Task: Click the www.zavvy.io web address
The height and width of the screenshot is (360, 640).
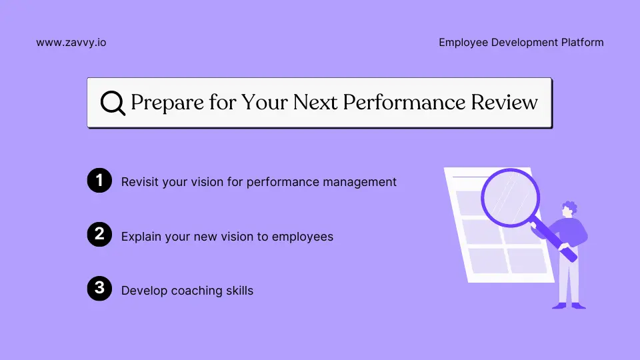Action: pos(71,43)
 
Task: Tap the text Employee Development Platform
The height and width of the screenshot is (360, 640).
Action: pos(521,43)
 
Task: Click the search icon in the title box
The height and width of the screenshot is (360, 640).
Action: pos(113,103)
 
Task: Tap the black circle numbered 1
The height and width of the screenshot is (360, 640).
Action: pos(99,181)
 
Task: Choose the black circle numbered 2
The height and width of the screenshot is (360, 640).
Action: pos(99,235)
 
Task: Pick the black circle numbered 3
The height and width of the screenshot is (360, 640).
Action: pos(99,289)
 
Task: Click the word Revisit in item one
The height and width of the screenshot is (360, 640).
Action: pos(140,181)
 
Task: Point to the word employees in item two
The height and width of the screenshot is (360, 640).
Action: pos(304,237)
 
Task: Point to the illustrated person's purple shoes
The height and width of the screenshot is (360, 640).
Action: pos(568,305)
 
